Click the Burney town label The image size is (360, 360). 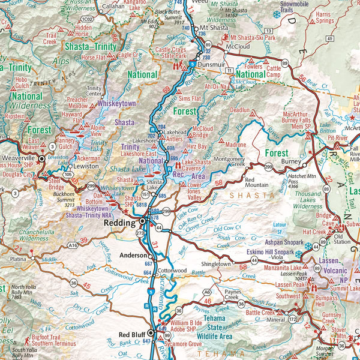click(290, 161)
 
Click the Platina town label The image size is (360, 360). click(18, 259)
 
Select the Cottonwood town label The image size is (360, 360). click(173, 270)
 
